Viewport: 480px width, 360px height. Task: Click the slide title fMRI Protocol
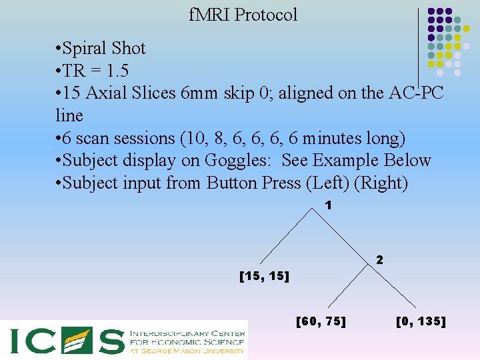tap(243, 15)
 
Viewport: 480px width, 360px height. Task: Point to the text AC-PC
tap(415, 93)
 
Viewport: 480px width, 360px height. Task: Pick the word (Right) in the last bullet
tap(381, 183)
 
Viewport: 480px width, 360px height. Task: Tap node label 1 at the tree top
tap(328, 206)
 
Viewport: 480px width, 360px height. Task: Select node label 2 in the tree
tap(379, 259)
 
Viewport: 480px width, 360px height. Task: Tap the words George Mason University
tap(194, 351)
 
